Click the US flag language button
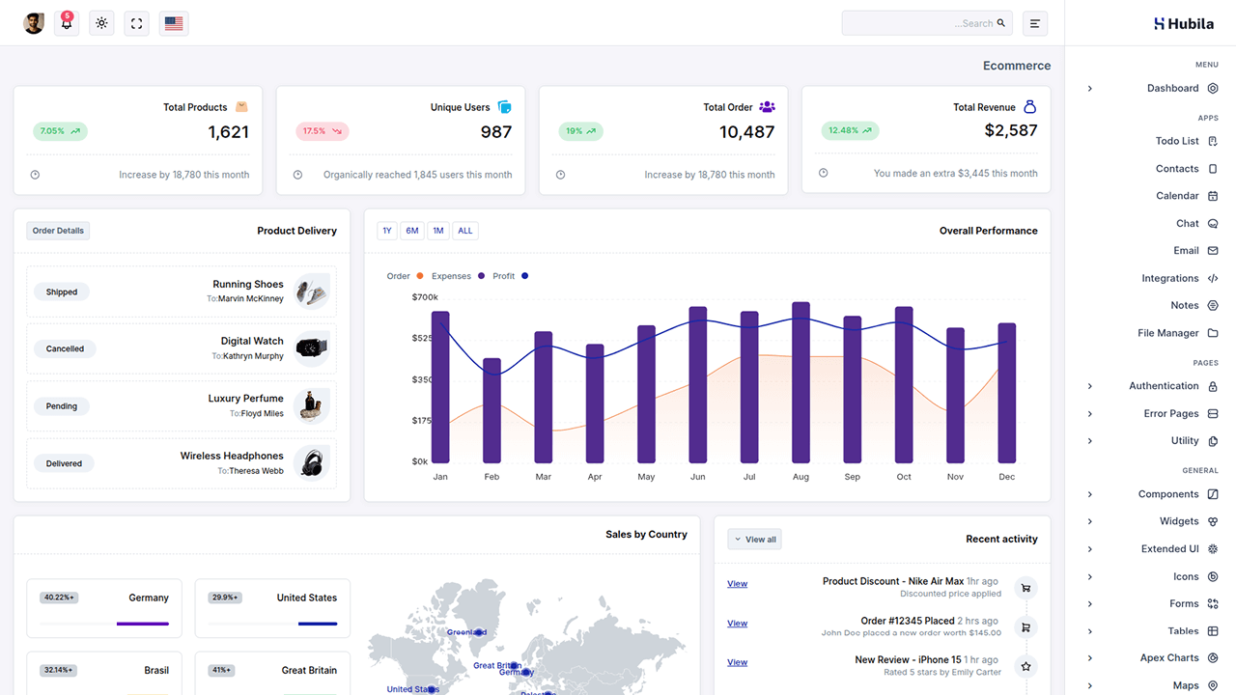(174, 23)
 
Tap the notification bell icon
(67, 23)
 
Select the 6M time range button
(412, 231)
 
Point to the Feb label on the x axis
(492, 477)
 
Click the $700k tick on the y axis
(425, 297)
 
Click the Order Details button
(58, 231)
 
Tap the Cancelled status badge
(65, 348)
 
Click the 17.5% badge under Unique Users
(322, 130)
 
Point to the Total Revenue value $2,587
(1011, 130)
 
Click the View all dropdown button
(754, 540)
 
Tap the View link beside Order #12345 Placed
(737, 624)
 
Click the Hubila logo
(1184, 23)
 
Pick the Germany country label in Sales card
(149, 598)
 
